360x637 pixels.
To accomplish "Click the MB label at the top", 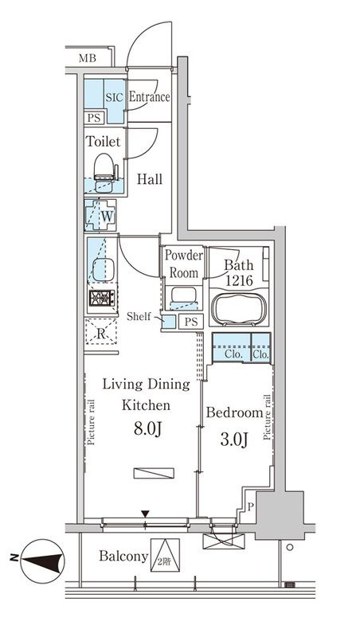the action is click(x=88, y=58).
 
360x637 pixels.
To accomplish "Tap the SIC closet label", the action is click(x=114, y=97).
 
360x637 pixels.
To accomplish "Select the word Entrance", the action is click(x=149, y=96).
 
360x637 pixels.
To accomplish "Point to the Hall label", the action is click(x=150, y=179).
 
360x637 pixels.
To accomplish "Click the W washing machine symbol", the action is click(x=101, y=215).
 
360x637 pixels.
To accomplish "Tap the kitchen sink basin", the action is click(x=104, y=269).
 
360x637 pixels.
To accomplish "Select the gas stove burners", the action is click(x=102, y=298).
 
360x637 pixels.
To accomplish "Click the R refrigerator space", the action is click(x=101, y=331).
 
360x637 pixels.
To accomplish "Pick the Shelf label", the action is click(x=139, y=316).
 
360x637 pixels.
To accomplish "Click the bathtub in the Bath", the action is click(x=240, y=309).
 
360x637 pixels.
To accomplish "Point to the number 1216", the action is click(x=239, y=281).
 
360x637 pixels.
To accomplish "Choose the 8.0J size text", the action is click(x=148, y=428).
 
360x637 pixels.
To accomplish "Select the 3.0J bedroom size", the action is click(x=234, y=440).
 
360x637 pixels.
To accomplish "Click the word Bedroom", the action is click(x=234, y=412).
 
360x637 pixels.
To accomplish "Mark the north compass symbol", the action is click(x=42, y=561).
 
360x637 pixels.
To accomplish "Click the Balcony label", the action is click(x=123, y=556).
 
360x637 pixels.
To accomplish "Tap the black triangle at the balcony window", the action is click(x=145, y=514).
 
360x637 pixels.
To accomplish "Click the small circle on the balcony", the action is click(x=289, y=547).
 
